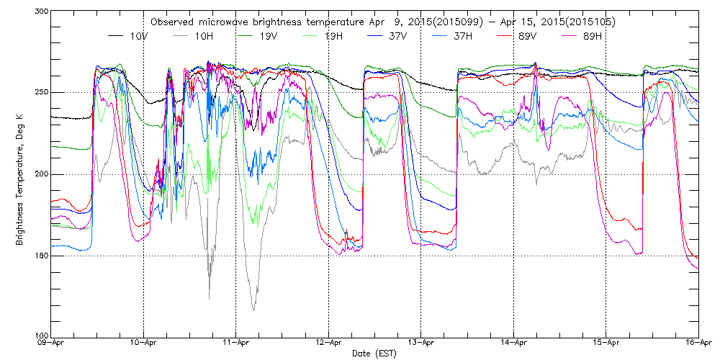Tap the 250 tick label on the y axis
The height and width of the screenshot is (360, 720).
tap(40, 92)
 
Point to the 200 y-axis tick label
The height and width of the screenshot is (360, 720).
tap(40, 174)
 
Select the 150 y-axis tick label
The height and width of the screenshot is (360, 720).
tap(40, 256)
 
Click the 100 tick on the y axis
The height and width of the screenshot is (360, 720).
tap(40, 336)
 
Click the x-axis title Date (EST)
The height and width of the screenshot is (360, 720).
tap(374, 354)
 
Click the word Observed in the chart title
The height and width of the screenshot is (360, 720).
tap(172, 22)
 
